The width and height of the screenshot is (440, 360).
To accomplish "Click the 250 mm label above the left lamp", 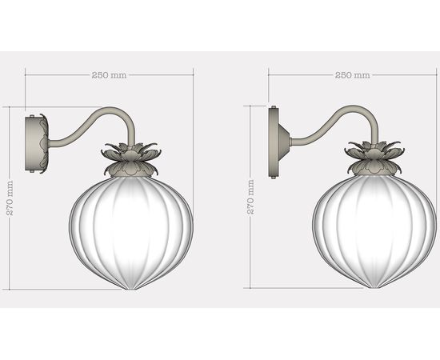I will tap(109, 74).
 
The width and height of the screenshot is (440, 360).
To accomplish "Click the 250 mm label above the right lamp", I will tap(353, 74).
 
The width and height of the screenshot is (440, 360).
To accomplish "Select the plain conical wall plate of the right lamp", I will tap(280, 142).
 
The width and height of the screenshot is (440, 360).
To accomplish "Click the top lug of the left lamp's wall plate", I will tap(32, 117).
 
